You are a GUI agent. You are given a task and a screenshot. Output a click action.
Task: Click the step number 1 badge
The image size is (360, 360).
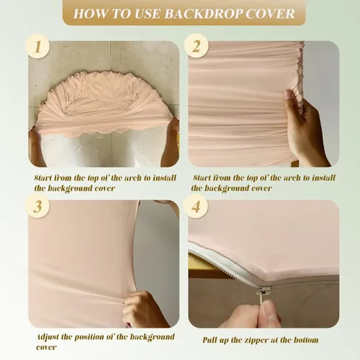point(37,46)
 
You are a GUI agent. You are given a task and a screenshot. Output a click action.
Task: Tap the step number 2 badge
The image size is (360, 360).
point(196,45)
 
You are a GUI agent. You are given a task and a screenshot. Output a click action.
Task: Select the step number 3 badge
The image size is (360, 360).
point(37,206)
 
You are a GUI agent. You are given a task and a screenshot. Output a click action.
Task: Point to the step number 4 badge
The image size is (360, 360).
point(195,206)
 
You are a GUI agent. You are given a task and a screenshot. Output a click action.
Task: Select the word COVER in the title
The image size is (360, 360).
point(270,14)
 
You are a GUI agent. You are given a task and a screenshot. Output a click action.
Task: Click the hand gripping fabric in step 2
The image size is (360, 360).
point(305,128)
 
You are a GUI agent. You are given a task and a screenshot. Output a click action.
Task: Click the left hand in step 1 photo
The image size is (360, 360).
point(37,146)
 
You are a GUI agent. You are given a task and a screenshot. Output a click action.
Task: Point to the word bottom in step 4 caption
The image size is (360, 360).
point(306,340)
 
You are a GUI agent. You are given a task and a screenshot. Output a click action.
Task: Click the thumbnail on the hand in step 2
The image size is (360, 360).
point(289,95)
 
